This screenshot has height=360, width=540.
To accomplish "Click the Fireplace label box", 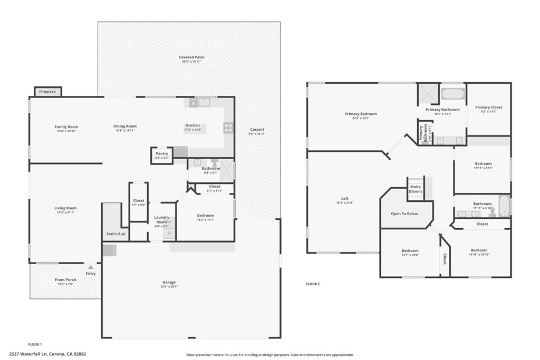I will (47, 92).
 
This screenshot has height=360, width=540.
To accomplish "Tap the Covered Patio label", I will (191, 57).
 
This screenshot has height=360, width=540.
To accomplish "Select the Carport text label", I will (257, 130).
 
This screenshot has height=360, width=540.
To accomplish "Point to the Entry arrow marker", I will (91, 268).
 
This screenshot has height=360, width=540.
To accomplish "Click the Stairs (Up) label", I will (115, 233).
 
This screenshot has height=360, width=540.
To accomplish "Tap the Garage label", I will (169, 283).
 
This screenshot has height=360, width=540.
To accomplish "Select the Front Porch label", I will (65, 280).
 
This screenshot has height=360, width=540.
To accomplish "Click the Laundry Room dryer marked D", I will (169, 233).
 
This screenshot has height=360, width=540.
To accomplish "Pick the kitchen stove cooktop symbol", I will (228, 127).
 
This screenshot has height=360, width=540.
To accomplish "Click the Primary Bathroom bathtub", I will (453, 95).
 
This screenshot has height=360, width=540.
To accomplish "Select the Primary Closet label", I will (488, 108).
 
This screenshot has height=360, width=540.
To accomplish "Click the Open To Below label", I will (404, 213).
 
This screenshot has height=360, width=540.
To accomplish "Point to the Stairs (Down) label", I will (415, 189).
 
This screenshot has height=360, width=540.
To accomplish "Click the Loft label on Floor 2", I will (344, 199).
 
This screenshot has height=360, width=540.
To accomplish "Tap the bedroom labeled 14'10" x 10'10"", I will (479, 250).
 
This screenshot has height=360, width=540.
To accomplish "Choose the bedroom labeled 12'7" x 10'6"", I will (410, 251).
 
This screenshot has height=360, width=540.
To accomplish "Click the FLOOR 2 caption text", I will (313, 284).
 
